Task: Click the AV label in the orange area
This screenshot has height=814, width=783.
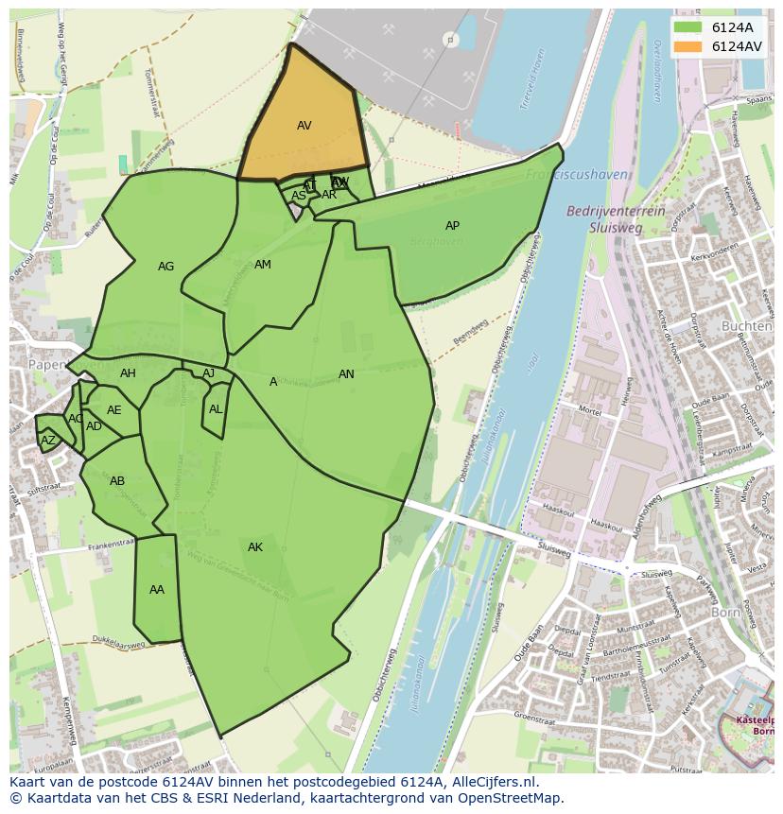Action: (x=304, y=126)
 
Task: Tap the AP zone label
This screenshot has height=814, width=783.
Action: (x=452, y=226)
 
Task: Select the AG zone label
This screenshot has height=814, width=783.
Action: (x=165, y=267)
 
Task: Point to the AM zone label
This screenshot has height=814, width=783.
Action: (x=263, y=265)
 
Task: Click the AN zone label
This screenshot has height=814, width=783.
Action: (x=346, y=374)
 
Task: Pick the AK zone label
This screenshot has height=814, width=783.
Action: (x=255, y=547)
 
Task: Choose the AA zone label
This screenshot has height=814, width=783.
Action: (x=157, y=590)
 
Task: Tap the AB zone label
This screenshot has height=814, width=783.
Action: (x=117, y=481)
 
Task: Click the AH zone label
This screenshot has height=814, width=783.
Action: (x=128, y=373)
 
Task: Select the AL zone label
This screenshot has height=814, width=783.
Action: (x=216, y=409)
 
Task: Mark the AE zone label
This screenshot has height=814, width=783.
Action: (x=114, y=410)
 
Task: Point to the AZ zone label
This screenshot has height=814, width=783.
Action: (x=48, y=441)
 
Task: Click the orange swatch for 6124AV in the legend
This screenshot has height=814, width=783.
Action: (x=688, y=46)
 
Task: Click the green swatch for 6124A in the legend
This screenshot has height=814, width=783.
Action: (x=688, y=27)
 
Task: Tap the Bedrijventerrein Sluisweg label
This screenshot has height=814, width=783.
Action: (x=615, y=219)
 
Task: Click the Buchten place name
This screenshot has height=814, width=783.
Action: (x=746, y=326)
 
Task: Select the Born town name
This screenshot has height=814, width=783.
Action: (x=725, y=613)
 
